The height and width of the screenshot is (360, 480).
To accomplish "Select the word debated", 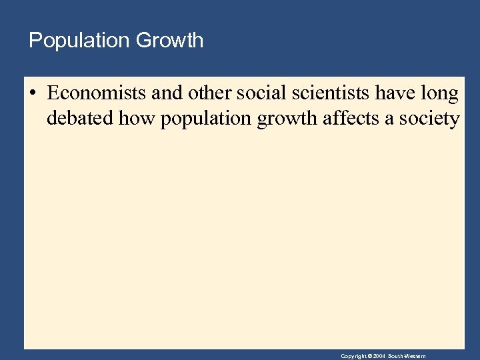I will click(x=79, y=119).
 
